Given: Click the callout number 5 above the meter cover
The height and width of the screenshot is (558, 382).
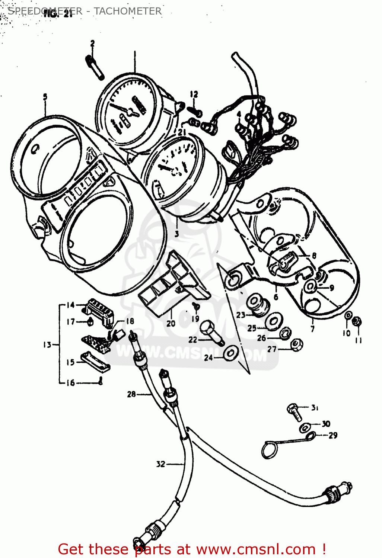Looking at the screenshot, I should pyautogui.click(x=45, y=97).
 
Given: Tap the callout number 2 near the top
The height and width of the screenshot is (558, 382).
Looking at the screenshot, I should pyautogui.click(x=92, y=44).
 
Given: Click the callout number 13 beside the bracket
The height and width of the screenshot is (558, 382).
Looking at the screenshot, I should pyautogui.click(x=47, y=345).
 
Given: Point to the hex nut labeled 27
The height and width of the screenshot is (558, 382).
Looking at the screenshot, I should pyautogui.click(x=296, y=345).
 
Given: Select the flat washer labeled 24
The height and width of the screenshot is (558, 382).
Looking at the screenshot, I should pyautogui.click(x=231, y=352).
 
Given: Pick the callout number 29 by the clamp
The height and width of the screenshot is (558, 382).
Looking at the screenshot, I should pyautogui.click(x=332, y=435).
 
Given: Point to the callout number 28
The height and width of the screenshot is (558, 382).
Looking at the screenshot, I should pyautogui.click(x=131, y=394).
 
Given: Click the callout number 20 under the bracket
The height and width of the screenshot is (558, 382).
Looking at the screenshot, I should pyautogui.click(x=171, y=323).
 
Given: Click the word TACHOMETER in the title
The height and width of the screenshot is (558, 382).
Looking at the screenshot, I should pyautogui.click(x=127, y=11).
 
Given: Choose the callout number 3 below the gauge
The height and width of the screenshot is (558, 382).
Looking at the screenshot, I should pyautogui.click(x=176, y=234).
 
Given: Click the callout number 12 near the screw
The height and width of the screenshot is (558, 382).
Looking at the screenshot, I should pyautogui.click(x=194, y=94).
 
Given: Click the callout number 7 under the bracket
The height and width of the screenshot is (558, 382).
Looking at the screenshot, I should pyautogui.click(x=312, y=329).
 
